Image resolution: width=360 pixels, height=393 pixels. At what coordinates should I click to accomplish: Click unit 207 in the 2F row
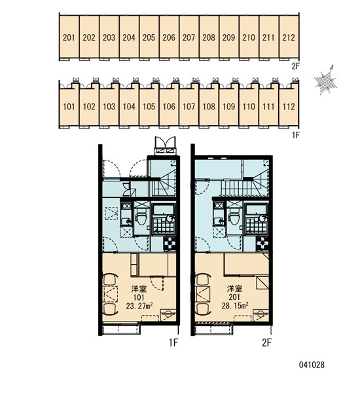(x=189, y=37)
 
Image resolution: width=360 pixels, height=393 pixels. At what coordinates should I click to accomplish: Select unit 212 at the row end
(x=289, y=37)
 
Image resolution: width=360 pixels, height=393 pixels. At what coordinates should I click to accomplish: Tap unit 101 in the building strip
(x=69, y=107)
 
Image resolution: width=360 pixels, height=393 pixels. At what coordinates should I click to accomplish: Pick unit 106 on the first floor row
(x=169, y=107)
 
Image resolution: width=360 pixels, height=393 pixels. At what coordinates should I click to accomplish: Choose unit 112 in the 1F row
(x=289, y=107)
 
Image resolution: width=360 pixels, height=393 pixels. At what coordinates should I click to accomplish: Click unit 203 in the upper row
(x=109, y=37)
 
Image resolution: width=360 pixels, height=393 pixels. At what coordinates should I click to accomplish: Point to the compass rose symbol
(x=325, y=80)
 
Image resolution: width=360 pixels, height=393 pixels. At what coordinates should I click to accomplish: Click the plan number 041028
(x=312, y=365)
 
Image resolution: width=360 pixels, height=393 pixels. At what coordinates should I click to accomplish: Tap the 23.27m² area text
(x=139, y=306)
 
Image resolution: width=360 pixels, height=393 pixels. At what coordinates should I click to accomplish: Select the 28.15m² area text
(x=235, y=305)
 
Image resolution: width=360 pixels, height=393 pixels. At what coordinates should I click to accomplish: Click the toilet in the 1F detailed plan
(x=141, y=218)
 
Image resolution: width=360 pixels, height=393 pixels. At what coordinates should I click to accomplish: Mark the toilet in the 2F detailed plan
(x=234, y=218)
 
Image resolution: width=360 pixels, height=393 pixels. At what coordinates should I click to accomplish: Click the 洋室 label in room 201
(x=234, y=289)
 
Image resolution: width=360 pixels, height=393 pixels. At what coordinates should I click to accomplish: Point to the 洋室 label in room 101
(x=139, y=289)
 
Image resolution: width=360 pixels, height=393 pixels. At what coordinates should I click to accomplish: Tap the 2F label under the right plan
(x=266, y=343)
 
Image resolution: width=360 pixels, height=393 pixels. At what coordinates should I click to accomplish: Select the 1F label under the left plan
(x=173, y=343)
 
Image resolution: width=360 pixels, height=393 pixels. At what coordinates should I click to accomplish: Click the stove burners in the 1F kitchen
(x=126, y=206)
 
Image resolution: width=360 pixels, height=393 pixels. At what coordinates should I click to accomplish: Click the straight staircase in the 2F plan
(x=232, y=188)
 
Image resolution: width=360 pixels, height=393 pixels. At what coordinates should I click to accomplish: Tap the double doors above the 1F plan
(x=165, y=145)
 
